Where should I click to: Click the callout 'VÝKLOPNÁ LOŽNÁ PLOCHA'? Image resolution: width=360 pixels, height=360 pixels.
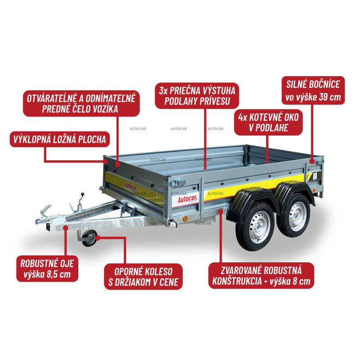[60, 139]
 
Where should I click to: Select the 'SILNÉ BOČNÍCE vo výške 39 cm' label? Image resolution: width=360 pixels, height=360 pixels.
[313, 90]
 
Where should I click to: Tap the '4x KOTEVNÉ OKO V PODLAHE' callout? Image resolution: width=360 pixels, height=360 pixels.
[268, 122]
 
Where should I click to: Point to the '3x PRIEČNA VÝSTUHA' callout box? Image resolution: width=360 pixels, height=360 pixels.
[197, 96]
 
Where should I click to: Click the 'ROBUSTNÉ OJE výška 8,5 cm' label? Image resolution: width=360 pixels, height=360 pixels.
[47, 269]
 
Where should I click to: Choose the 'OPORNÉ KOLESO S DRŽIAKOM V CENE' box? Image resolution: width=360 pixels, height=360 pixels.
[143, 277]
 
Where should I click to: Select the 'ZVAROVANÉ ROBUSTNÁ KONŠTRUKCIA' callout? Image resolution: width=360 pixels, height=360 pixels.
[261, 275]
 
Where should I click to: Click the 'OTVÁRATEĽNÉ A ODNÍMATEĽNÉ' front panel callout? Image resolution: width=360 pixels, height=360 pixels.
[81, 103]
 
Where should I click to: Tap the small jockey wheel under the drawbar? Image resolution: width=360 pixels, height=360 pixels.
[90, 238]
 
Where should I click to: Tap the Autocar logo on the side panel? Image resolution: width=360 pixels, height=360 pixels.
[188, 199]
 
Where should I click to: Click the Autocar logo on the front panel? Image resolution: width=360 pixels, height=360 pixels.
[130, 187]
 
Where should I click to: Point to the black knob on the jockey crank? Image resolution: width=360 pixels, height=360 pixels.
[82, 194]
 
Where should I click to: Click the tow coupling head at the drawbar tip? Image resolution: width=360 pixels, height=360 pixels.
[46, 217]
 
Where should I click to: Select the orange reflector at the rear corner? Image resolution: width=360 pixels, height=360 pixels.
[314, 190]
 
